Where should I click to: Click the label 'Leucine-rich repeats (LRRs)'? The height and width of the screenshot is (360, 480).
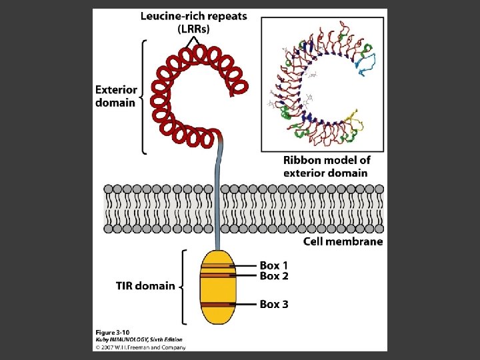[x=193, y=23]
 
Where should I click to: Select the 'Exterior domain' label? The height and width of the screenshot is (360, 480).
[x=116, y=96]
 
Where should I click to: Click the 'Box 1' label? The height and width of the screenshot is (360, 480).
[x=273, y=265]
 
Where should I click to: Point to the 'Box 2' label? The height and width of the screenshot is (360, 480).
[x=273, y=276]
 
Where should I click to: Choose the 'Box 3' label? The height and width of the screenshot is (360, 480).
[x=273, y=304]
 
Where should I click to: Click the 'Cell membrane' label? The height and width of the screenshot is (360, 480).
[x=343, y=241]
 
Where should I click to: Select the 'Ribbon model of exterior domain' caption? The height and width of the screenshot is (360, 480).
[x=326, y=167]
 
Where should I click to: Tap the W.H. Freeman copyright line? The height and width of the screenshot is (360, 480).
[x=139, y=347]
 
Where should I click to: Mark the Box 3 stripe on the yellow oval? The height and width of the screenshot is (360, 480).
[x=217, y=305]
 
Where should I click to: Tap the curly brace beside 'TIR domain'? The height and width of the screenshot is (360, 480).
[x=183, y=287]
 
